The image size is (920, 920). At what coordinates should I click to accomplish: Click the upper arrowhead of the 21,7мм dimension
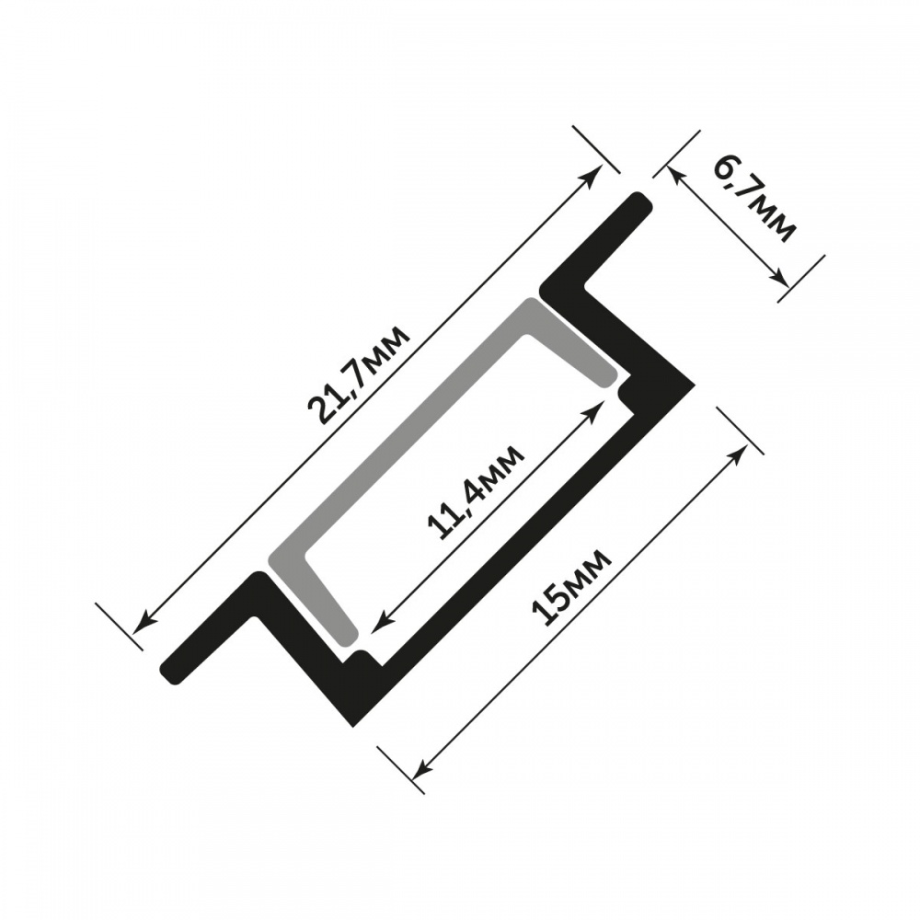(596, 174)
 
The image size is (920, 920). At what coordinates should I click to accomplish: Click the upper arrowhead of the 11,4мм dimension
(598, 405)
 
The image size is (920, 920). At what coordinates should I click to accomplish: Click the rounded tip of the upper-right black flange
(641, 204)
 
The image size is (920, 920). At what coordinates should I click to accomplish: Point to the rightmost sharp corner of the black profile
(693, 385)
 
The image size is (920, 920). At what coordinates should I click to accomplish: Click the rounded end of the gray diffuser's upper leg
(606, 375)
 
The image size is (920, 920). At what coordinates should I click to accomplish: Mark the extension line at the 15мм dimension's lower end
(401, 769)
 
